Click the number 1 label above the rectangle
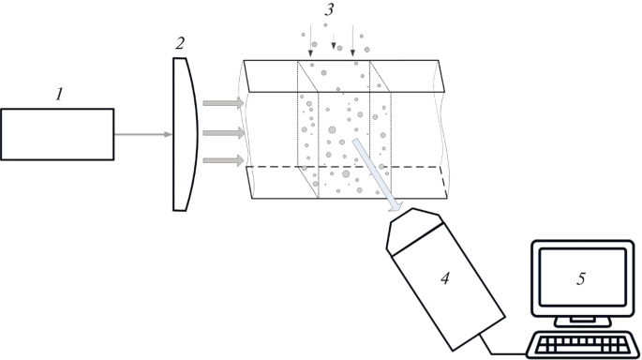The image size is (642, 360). click(x=59, y=95)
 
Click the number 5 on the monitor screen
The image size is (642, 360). click(x=581, y=277)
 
